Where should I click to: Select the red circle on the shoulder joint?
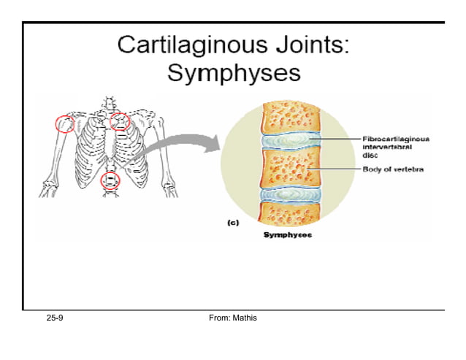coord(64,123)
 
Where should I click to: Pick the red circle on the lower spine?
coord(110,181)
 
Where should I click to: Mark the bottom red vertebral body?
coord(289,213)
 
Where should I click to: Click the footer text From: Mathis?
coord(232,319)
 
